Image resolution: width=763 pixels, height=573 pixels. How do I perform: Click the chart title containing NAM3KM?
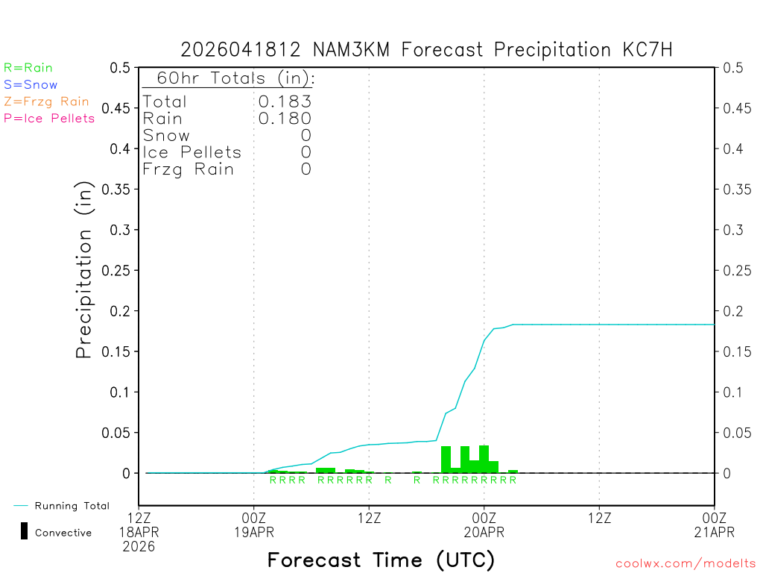tap(426, 50)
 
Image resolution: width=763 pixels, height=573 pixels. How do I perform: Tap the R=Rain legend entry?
tap(28, 68)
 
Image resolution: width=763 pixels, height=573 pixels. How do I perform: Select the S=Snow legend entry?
tap(31, 85)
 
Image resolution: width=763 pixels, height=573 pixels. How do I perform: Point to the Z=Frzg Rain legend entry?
tap(46, 101)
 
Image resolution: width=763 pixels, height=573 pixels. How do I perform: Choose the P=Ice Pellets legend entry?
tap(49, 118)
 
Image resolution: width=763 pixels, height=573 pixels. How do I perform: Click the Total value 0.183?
tap(285, 101)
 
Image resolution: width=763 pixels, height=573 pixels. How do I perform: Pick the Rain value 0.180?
tap(285, 118)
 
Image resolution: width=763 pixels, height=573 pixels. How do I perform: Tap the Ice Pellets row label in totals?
tap(192, 152)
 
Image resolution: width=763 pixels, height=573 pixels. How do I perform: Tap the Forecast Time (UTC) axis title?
tap(381, 560)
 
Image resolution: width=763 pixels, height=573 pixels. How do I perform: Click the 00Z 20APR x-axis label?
tap(484, 525)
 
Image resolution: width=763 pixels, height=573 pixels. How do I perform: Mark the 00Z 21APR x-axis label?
tap(715, 525)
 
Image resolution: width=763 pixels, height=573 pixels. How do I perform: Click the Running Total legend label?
tap(72, 506)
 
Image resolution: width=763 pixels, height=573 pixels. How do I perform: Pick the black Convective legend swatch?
tap(25, 531)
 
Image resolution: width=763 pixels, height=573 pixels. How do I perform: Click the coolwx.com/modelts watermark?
tap(686, 563)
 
